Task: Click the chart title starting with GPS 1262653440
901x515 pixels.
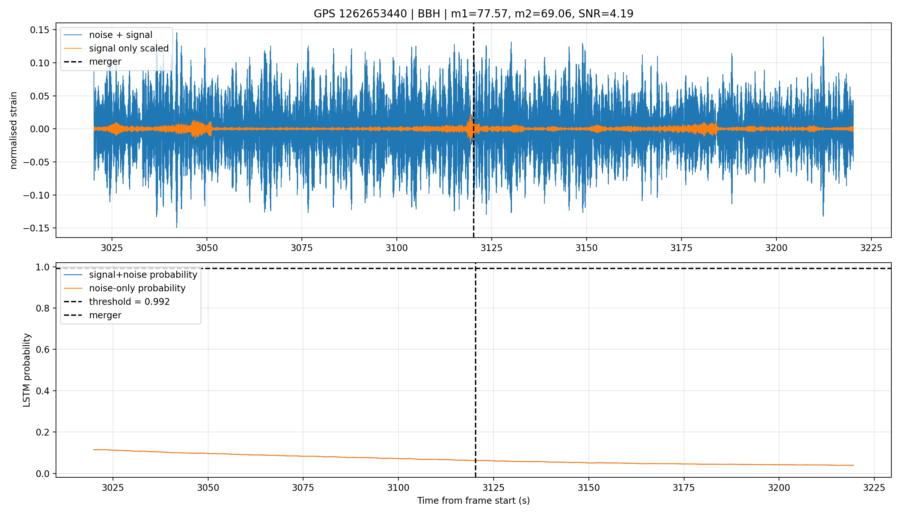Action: pos(473,14)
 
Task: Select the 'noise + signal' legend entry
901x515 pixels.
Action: pos(121,35)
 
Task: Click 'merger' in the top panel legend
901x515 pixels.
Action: pos(105,61)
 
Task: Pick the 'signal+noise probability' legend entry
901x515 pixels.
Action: pos(143,275)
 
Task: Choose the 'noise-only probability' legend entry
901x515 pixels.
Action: pos(137,288)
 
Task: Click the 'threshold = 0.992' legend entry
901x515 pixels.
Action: pos(129,302)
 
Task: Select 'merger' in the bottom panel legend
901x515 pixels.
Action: pos(105,315)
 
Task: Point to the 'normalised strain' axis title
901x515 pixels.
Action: pos(14,130)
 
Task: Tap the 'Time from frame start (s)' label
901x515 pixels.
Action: pos(473,501)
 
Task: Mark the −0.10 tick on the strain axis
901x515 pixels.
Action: pos(37,195)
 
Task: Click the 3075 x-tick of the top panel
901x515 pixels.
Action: pos(302,248)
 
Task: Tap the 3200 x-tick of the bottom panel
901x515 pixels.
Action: pos(779,488)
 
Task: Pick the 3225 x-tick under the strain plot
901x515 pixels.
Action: pos(871,248)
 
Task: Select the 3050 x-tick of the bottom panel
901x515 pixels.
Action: pos(208,488)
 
